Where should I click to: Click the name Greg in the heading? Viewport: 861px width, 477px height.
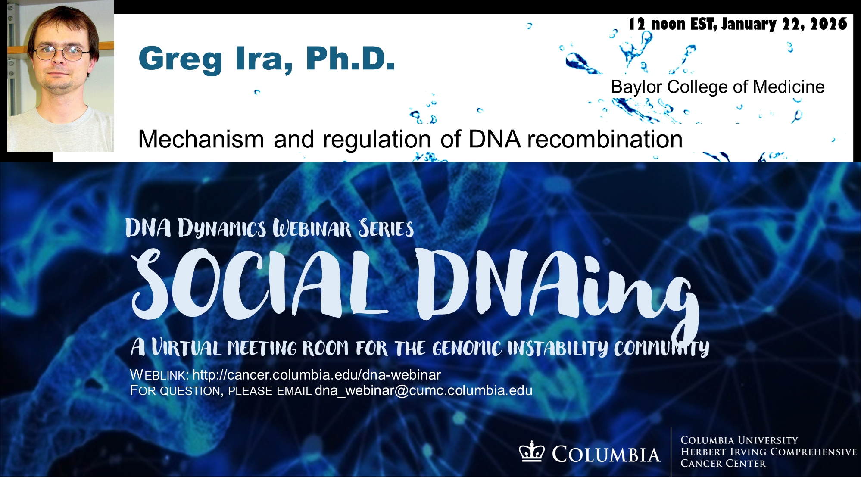(x=180, y=60)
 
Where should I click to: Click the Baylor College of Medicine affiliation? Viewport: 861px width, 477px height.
(x=718, y=87)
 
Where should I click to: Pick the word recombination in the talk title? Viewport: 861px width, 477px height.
(x=605, y=139)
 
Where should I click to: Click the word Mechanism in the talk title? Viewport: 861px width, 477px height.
(x=201, y=139)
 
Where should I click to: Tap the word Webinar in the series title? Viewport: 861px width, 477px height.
(x=312, y=228)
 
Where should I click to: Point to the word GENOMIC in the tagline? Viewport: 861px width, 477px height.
(x=467, y=348)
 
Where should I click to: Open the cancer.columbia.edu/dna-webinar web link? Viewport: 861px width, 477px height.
(x=317, y=375)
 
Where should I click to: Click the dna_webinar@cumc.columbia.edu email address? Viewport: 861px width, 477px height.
(x=424, y=390)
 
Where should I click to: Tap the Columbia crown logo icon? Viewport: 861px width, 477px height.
(x=532, y=452)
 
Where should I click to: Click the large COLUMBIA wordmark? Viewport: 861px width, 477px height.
(x=606, y=455)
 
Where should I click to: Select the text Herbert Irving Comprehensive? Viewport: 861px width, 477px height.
(x=769, y=452)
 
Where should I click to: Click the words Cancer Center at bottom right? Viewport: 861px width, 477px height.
(x=723, y=464)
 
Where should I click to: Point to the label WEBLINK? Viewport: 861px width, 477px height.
(x=159, y=375)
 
